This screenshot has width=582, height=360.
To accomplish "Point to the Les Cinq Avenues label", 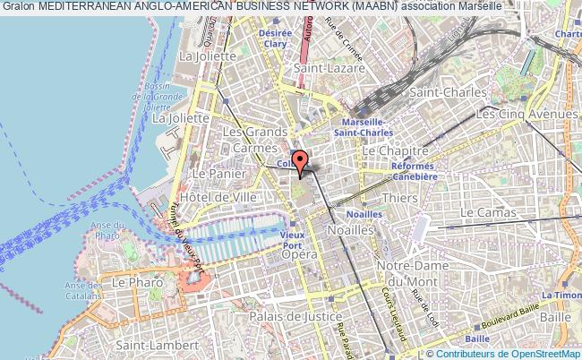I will point(526,115).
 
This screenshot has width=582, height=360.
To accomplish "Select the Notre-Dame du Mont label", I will point(413,274).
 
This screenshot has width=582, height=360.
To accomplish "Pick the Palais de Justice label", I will point(298,316).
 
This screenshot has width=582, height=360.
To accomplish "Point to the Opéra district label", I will point(301,255).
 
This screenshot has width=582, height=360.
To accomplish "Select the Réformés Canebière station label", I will point(413,171).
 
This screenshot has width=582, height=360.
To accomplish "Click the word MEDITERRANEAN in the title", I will point(86,6).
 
